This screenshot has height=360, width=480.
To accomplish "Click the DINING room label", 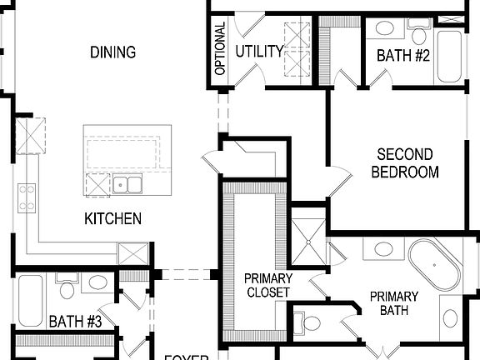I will (113, 52).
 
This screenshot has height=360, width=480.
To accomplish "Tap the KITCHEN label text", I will (112, 219).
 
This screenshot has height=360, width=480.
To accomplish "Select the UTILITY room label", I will (258, 52).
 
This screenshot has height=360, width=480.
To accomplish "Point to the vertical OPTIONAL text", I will (220, 49).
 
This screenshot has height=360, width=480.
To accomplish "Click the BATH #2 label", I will (403, 56).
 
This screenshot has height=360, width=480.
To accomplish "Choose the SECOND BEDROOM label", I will (404, 163).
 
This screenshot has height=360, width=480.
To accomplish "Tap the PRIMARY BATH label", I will (393, 303).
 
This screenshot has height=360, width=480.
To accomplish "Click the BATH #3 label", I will (75, 320).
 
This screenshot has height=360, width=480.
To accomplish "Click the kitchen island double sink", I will (128, 184).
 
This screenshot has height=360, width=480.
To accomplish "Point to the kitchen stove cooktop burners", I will (27, 198).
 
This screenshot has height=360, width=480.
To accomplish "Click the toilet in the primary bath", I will (310, 322).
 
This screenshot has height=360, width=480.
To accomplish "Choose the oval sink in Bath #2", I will (385, 28).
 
